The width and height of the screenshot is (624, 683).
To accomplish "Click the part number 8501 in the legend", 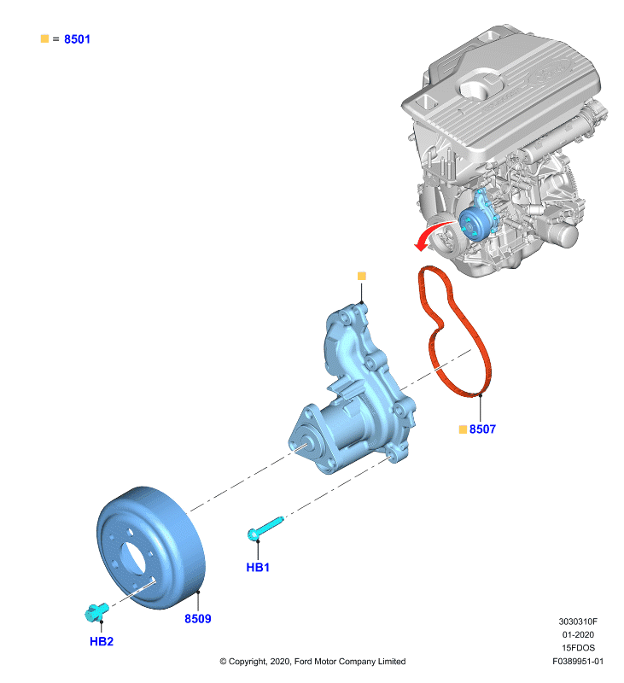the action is [x=77, y=39].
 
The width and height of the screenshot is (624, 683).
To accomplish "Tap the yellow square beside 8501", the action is [x=44, y=38].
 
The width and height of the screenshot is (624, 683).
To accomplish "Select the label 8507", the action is [x=482, y=429].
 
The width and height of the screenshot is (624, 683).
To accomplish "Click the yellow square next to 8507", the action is [x=463, y=429].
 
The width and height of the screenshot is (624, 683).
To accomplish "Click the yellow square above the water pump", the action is [x=361, y=276].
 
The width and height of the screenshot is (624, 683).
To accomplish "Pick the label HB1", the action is [x=258, y=567].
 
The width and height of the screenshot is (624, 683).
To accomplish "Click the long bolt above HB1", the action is [x=265, y=528].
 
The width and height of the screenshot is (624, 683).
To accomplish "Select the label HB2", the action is [x=102, y=641].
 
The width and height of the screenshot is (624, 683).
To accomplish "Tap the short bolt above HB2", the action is [x=96, y=612].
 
